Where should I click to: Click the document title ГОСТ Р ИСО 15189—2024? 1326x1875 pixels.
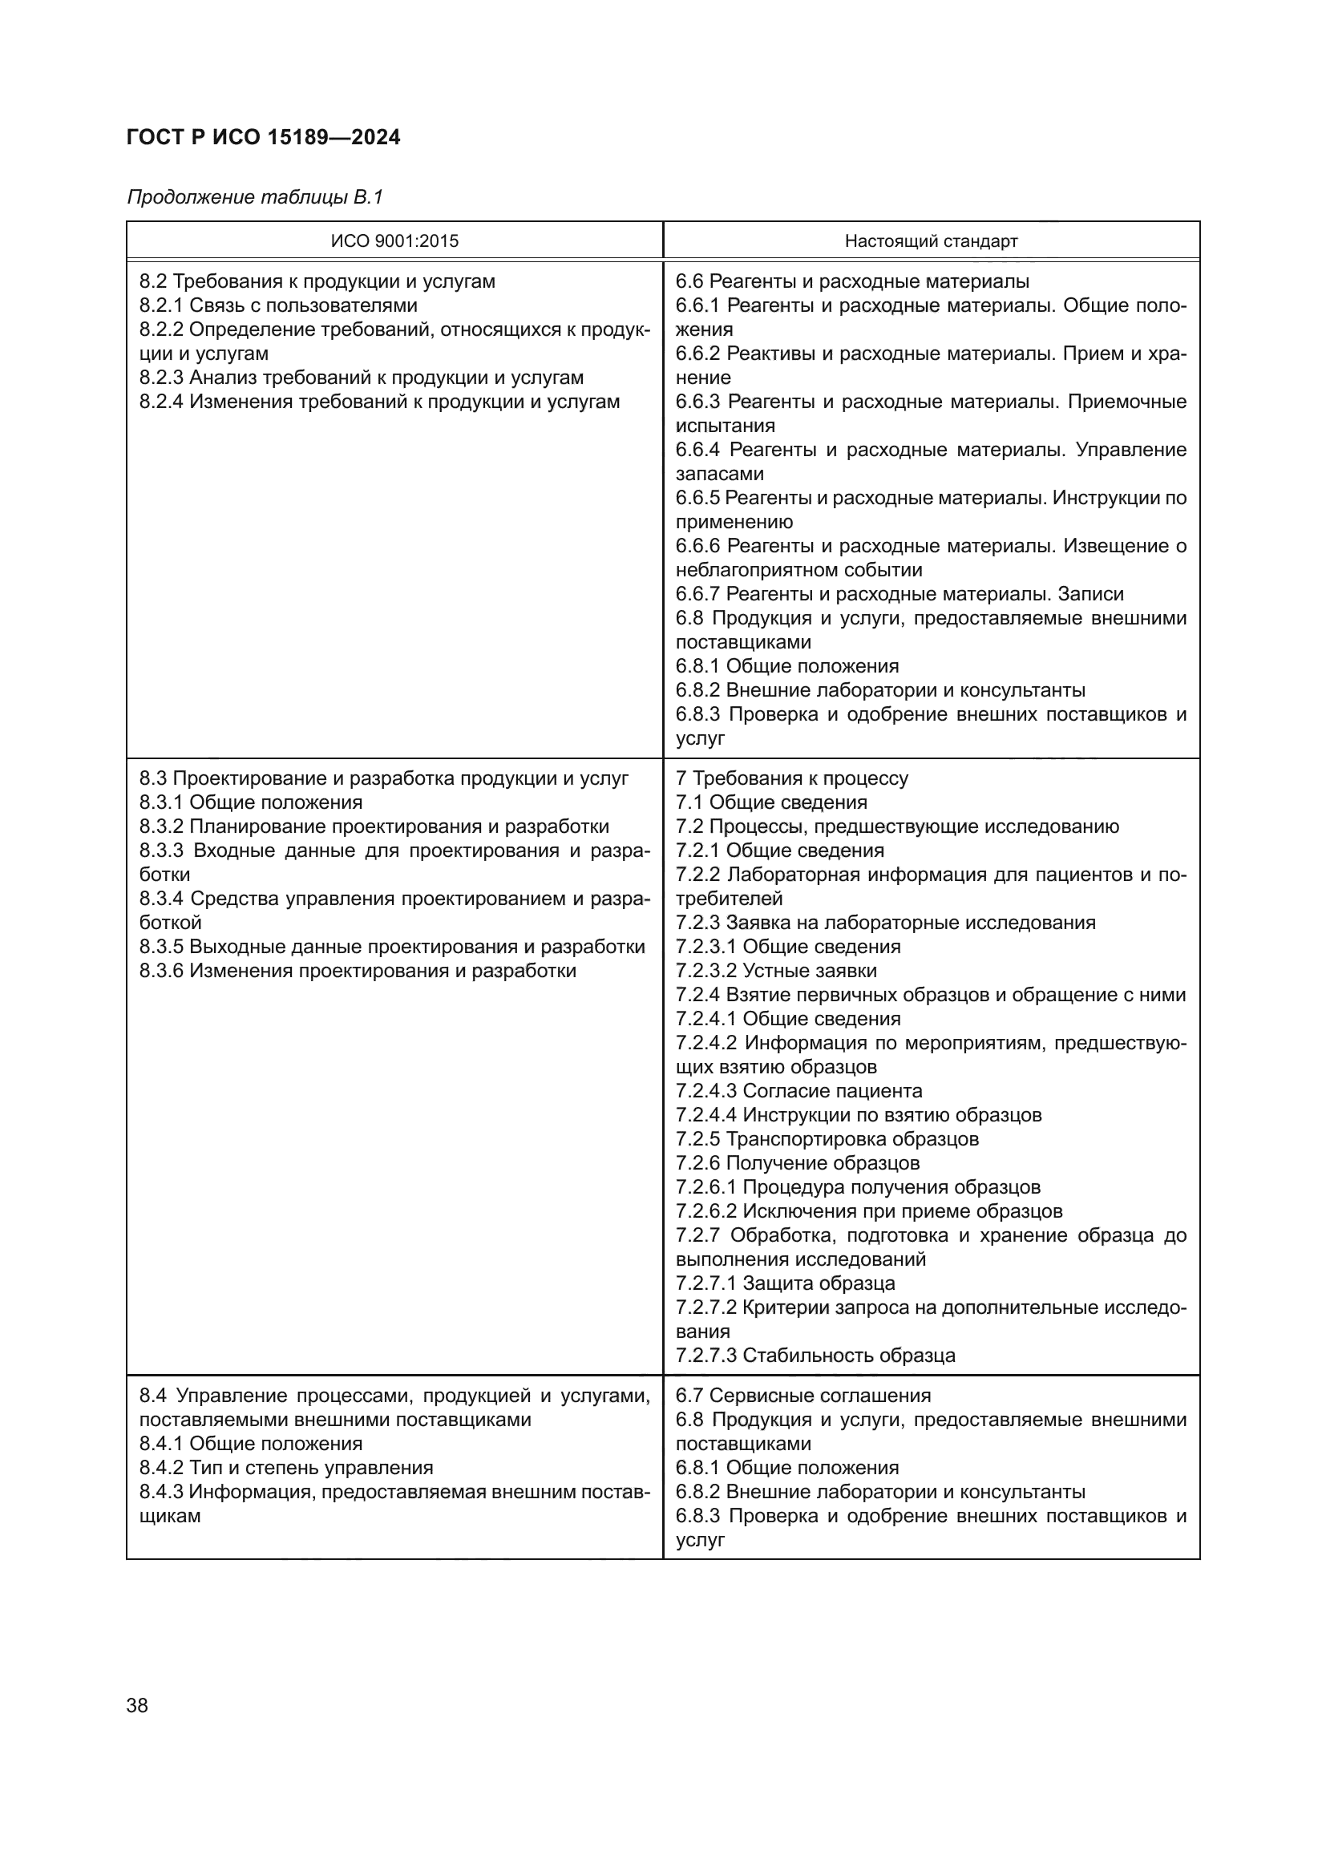coord(263,137)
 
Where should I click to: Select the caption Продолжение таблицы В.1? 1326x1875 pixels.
coord(255,197)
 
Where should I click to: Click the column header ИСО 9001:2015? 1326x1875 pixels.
coord(394,241)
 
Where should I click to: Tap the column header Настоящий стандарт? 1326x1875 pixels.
coord(931,241)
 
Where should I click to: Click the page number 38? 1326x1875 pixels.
coord(137,1705)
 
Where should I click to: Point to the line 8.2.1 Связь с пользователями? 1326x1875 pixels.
coord(278,305)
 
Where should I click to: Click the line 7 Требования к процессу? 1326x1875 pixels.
coord(791,778)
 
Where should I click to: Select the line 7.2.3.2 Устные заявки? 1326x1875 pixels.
coord(776,970)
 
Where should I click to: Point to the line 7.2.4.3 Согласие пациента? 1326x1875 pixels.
coord(798,1091)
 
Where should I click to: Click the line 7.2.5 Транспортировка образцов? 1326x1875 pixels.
coord(827,1139)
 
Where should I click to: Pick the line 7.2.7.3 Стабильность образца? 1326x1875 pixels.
coord(815,1356)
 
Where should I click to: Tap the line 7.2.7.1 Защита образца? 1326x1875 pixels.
coord(785,1283)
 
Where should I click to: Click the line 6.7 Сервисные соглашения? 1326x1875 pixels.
coord(802,1396)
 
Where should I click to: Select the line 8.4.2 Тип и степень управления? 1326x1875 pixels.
coord(285,1468)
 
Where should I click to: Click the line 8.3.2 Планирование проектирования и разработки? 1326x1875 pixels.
coord(374,826)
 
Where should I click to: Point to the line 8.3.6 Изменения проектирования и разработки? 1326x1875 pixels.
coord(358,970)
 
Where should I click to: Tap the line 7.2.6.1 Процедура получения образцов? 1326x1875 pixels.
coord(857,1187)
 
